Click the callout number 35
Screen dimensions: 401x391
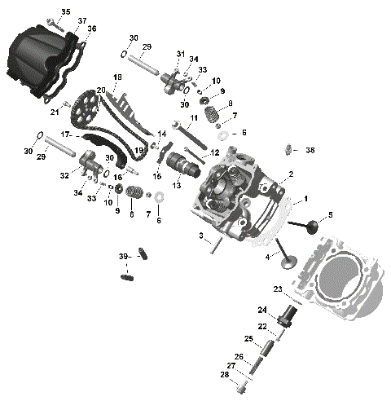[66, 11]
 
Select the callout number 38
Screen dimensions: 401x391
[310, 150]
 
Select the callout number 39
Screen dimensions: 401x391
[123, 257]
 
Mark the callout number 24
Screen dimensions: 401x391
[263, 310]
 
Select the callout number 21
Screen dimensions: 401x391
[54, 112]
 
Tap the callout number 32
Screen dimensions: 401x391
[64, 174]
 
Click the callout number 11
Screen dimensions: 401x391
[194, 119]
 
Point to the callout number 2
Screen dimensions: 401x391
[291, 174]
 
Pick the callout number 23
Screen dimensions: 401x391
[277, 289]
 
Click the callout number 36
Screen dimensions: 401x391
[91, 29]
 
